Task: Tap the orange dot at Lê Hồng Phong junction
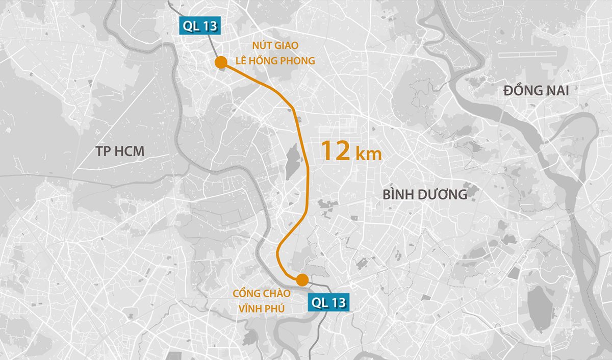221,63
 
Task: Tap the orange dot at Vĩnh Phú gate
302,279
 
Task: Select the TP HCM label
120,151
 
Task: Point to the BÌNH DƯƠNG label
424,194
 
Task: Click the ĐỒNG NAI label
535,91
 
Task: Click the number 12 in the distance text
335,151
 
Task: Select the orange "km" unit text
369,154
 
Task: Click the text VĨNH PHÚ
262,308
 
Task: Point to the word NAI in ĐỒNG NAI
555,91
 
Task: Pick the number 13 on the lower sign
337,303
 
